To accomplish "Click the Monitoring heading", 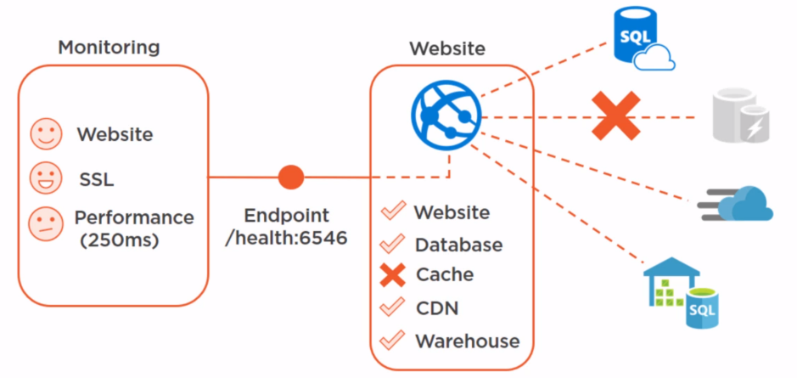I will point(109,47).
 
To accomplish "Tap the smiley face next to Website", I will point(44,134).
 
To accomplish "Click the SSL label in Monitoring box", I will point(96,179).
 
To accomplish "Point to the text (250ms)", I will point(120,240).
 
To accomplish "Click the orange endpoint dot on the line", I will point(291,178).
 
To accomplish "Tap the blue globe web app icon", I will point(446,116).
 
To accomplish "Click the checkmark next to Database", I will point(392,245).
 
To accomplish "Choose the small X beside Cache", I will point(392,275).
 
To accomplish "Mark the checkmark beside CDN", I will point(392,307).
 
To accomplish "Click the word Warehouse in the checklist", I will point(467,341).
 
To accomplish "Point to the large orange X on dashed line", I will point(616,116).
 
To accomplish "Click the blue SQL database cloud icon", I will point(643,40).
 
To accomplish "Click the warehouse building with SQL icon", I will point(681,288).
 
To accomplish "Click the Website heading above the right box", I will point(447,48).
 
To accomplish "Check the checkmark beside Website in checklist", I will point(392,212).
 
